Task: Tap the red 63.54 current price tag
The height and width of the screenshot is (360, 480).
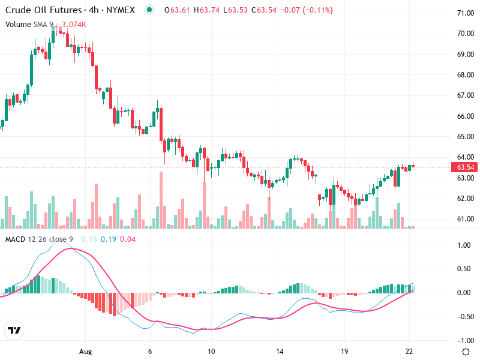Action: click(466, 167)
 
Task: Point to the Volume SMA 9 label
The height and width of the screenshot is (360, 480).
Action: click(29, 24)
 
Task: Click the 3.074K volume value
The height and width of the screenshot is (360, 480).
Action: click(74, 24)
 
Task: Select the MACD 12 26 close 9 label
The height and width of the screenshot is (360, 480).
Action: click(40, 240)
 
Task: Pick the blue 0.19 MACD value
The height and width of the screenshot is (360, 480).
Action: click(109, 240)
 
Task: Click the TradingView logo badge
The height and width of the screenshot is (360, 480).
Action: click(14, 330)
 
